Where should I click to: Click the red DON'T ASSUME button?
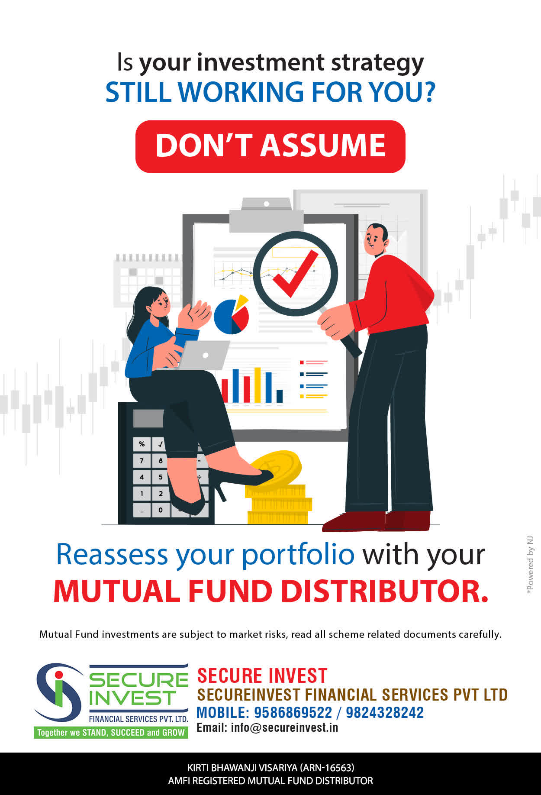pos(270,146)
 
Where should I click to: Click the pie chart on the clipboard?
pos(232,315)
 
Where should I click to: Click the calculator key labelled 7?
pos(142,460)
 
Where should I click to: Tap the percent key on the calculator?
pos(142,444)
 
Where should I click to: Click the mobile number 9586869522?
pos(293,712)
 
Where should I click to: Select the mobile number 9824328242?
pos(384,712)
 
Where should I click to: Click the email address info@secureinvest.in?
pos(284,727)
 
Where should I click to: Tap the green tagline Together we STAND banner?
pos(111,732)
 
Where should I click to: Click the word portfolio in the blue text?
pos(298,555)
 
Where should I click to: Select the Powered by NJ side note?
pos(530,566)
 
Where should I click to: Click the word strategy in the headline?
pos(377,63)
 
